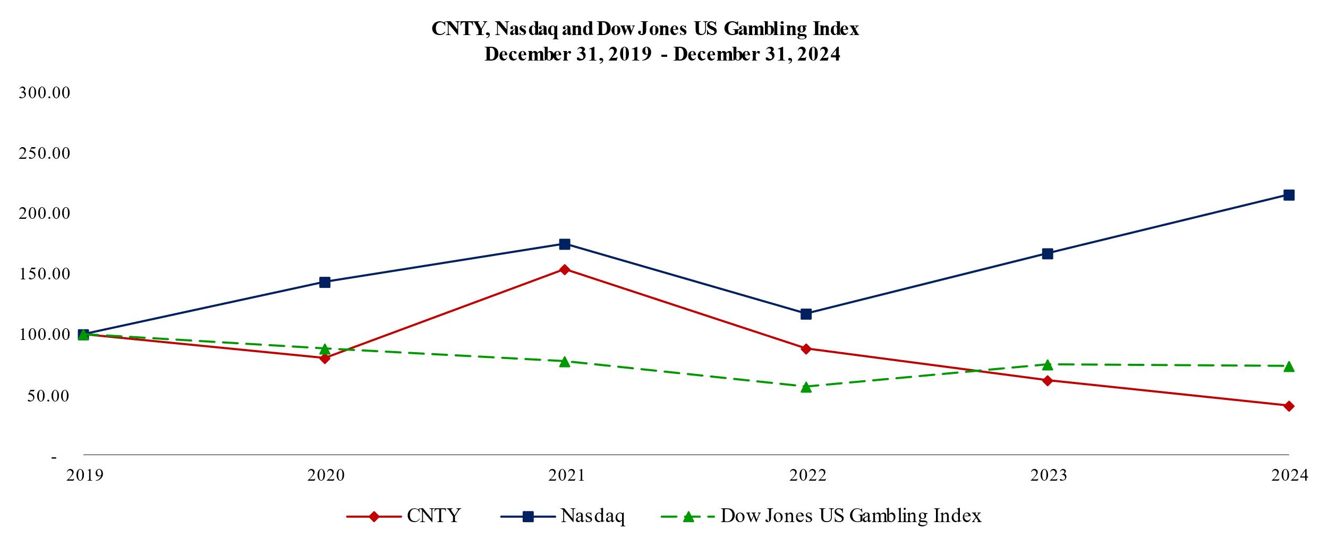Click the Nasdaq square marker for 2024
point(1289,195)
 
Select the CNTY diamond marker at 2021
point(565,269)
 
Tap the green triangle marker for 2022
point(806,387)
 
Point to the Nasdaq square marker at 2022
point(806,314)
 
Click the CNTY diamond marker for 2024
point(1289,406)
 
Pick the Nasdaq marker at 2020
point(325,282)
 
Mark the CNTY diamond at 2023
point(1048,380)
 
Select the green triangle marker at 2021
point(565,362)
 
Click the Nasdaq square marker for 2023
point(1048,253)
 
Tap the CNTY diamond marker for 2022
point(806,349)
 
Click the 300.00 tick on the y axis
point(45,93)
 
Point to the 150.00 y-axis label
point(45,274)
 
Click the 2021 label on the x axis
point(566,475)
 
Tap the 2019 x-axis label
point(84,475)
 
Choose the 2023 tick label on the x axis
point(1049,475)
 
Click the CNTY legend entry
point(433,516)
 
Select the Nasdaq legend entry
point(592,516)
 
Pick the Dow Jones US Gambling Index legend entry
point(850,516)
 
